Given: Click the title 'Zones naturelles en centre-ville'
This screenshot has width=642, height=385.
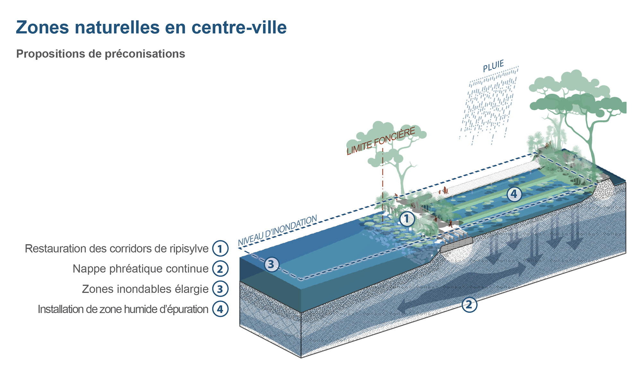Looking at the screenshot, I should [151, 27].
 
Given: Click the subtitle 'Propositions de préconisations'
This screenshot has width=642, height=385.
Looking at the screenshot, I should [100, 54].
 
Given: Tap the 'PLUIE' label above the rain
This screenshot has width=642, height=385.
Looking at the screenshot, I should [493, 66].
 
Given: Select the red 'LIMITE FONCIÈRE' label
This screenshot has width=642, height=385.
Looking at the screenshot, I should [381, 141].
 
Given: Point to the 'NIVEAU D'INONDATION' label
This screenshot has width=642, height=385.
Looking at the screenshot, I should [277, 231].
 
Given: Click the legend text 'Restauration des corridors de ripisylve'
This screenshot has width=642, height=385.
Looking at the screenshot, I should [117, 249].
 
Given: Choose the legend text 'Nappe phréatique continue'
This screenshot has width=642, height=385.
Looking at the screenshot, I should [140, 269].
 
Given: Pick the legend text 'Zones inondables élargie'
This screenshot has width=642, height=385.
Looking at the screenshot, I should [145, 289].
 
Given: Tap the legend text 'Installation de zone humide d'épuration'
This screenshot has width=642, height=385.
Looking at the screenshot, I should [123, 309].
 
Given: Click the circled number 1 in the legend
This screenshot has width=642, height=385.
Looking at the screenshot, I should [220, 249].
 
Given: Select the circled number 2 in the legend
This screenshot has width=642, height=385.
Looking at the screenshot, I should [220, 269].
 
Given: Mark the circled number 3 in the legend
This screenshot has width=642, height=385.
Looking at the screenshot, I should [220, 289].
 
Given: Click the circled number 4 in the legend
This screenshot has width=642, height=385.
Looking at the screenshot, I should [220, 309].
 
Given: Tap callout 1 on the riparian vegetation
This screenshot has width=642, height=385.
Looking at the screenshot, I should [407, 219].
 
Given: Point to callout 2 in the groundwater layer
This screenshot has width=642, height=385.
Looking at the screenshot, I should [469, 304].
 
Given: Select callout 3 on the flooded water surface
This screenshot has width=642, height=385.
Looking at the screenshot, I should [271, 264].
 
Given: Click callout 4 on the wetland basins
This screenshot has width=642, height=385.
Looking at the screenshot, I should [514, 194].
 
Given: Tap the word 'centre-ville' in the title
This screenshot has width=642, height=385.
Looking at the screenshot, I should [239, 27].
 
